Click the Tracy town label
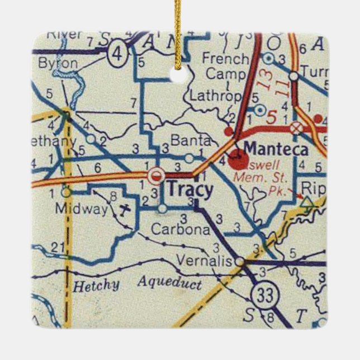pyautogui.click(x=190, y=191)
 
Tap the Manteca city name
pyautogui.click(x=276, y=150)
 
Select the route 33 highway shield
pyautogui.click(x=264, y=294)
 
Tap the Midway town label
pyautogui.click(x=89, y=209)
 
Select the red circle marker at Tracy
pyautogui.click(x=157, y=175)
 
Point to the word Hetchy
pyautogui.click(x=96, y=286)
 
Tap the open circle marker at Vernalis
pyautogui.click(x=239, y=261)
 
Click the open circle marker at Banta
pyautogui.click(x=190, y=158)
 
